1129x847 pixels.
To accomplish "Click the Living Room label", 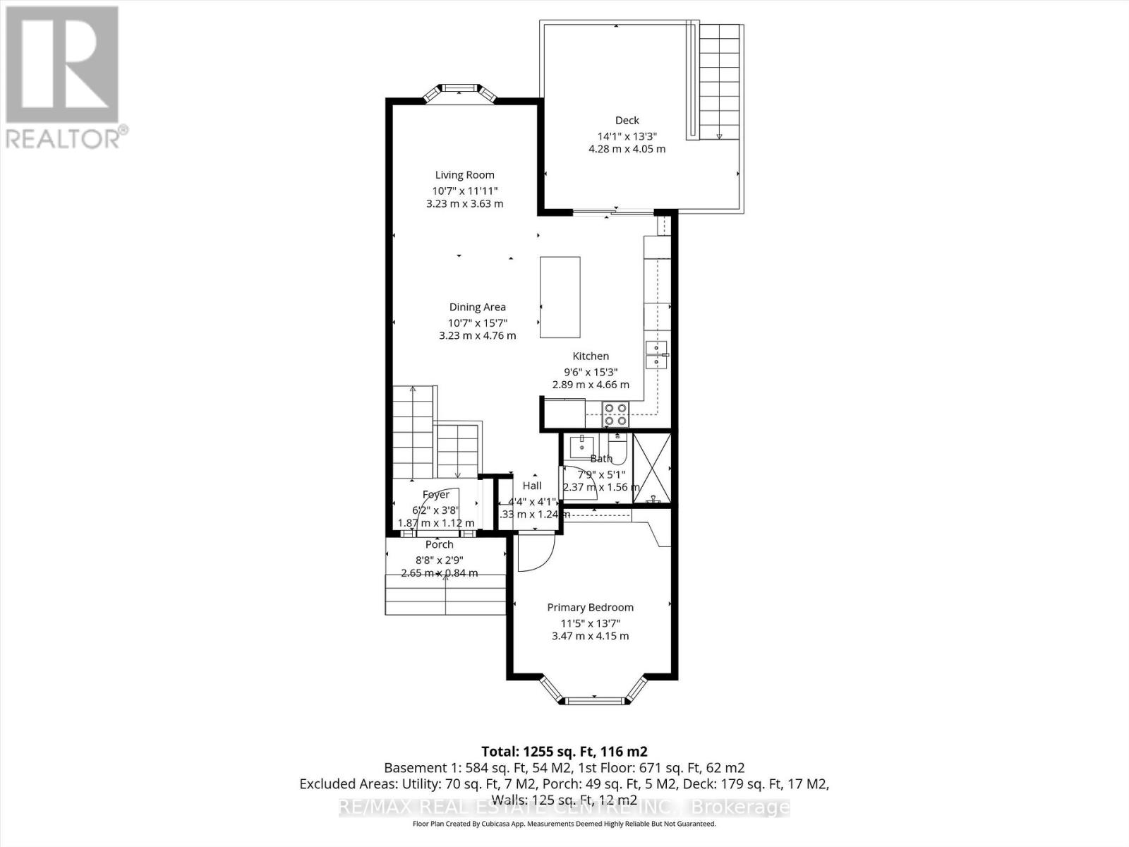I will [464, 175].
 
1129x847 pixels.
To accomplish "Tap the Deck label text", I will [627, 121].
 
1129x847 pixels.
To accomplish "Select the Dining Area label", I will [477, 307].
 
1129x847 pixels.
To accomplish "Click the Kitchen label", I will [590, 356].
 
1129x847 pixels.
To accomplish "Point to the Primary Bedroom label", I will [590, 607].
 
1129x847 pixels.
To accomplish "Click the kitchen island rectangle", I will [560, 298].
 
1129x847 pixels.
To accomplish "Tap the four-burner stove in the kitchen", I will [615, 413].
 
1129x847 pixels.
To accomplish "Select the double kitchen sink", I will [656, 354].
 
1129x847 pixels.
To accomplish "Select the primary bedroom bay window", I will [593, 695].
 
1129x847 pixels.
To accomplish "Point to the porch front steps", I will [446, 595].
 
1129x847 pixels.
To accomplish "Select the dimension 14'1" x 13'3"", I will [627, 136].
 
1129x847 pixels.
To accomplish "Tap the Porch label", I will [439, 545].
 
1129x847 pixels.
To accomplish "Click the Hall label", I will [532, 486].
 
